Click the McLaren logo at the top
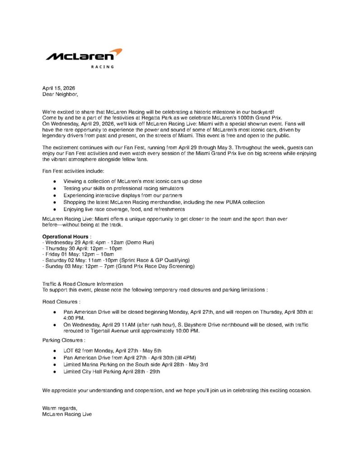(84, 56)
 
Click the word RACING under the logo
(103, 67)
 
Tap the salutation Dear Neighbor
(60, 94)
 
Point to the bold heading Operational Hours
(65, 236)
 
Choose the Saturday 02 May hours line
(116, 260)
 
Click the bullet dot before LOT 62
(54, 351)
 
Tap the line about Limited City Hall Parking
(112, 372)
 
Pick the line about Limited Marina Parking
(136, 364)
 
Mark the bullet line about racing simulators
(123, 188)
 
